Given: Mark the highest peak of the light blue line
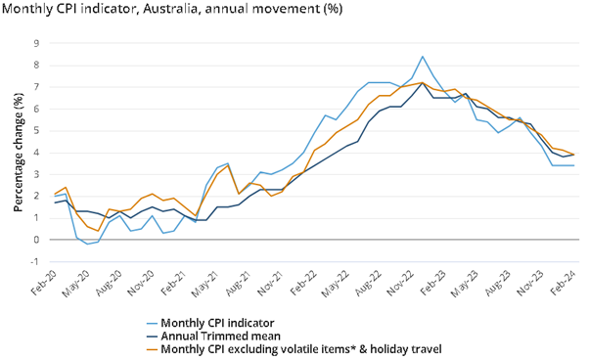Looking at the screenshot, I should [422, 57].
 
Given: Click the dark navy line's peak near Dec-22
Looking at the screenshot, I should [422, 83].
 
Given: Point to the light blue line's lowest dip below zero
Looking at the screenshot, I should [87, 244].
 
